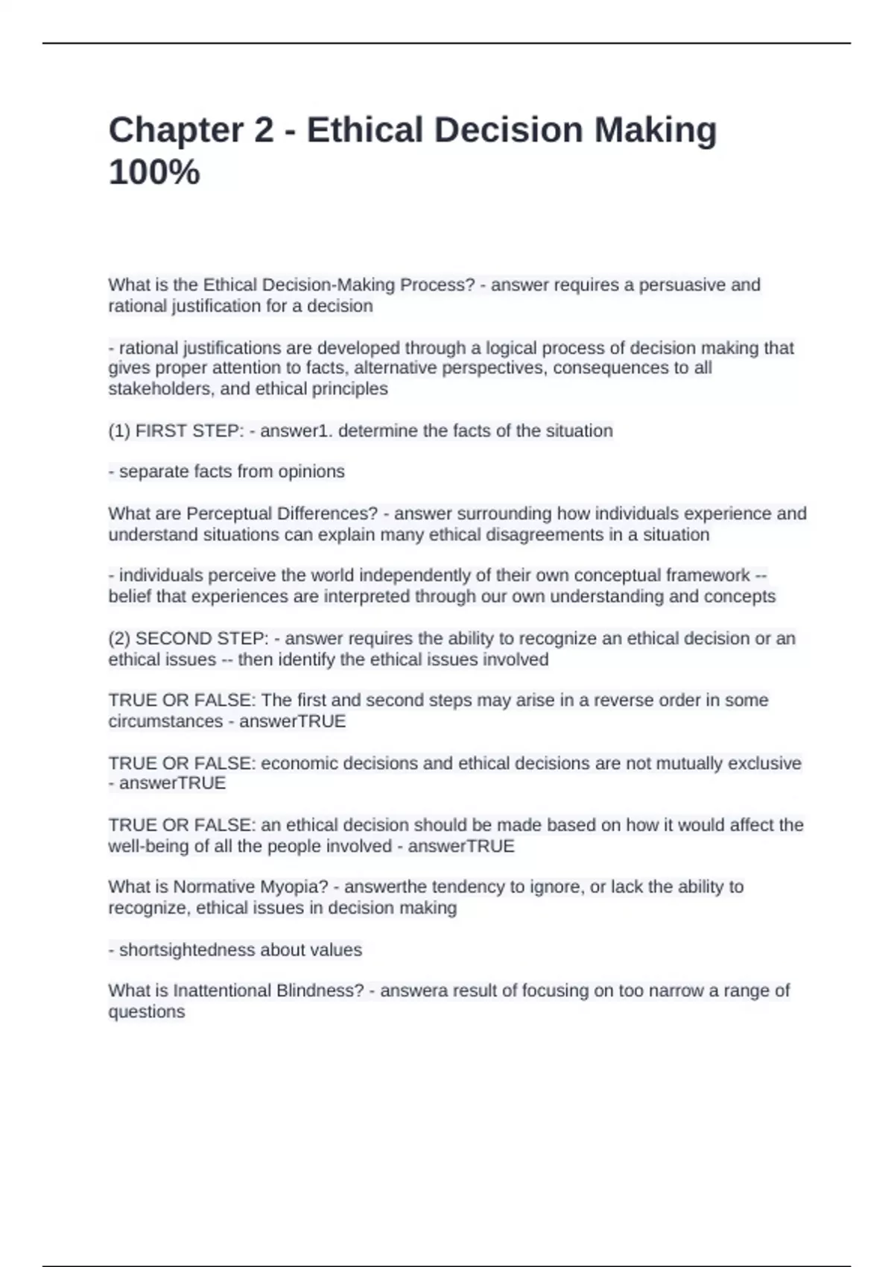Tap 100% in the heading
coord(154,172)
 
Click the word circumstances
coord(165,721)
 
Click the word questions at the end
coord(147,1012)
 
